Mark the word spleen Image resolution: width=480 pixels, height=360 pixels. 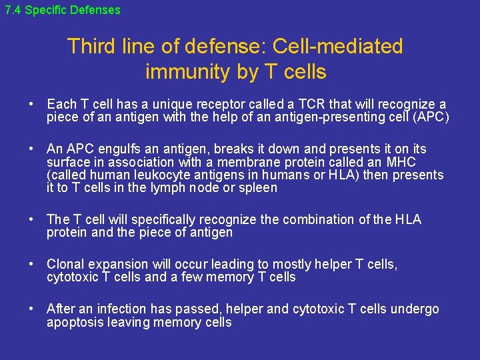258,188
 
